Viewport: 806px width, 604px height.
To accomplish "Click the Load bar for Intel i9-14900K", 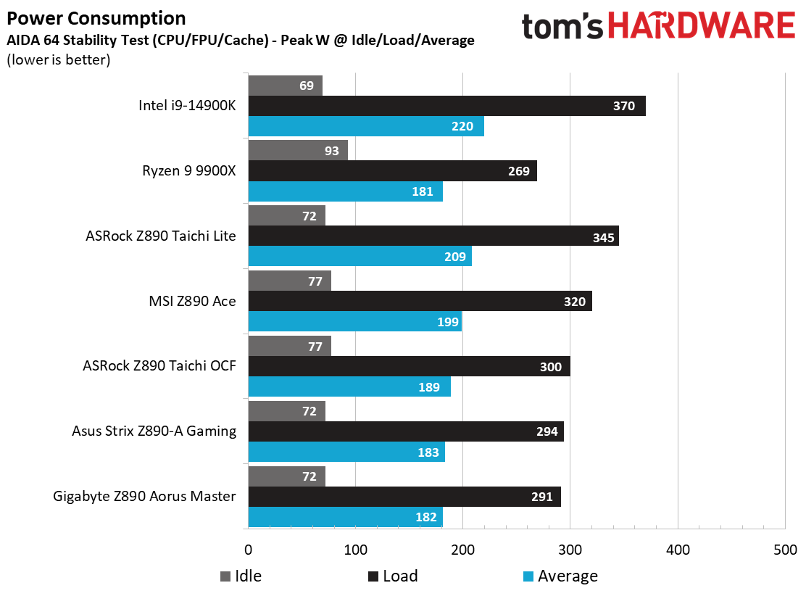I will coord(446,106).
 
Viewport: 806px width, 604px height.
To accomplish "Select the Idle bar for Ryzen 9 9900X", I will coord(298,150).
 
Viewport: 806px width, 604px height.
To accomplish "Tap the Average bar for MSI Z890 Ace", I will coord(354,321).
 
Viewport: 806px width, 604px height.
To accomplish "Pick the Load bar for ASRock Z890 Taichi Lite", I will coord(433,236).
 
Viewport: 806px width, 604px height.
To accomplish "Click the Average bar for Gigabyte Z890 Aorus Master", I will coord(345,517).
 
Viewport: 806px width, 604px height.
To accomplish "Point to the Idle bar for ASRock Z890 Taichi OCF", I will coord(289,346).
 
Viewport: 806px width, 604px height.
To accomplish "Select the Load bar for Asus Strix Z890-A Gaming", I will coord(406,431).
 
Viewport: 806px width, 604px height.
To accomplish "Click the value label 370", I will coord(623,106).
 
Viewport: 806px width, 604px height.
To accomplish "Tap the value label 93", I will coord(332,151).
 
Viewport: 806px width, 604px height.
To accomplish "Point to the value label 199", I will coord(448,322).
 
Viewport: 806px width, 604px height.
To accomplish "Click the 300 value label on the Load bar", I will coord(551,367).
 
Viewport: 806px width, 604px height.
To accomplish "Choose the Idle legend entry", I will coord(241,576).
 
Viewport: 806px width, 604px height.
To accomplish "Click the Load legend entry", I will coord(393,576).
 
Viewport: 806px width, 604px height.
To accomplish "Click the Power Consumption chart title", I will coord(96,18).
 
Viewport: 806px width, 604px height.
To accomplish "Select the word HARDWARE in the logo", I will coord(701,26).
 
